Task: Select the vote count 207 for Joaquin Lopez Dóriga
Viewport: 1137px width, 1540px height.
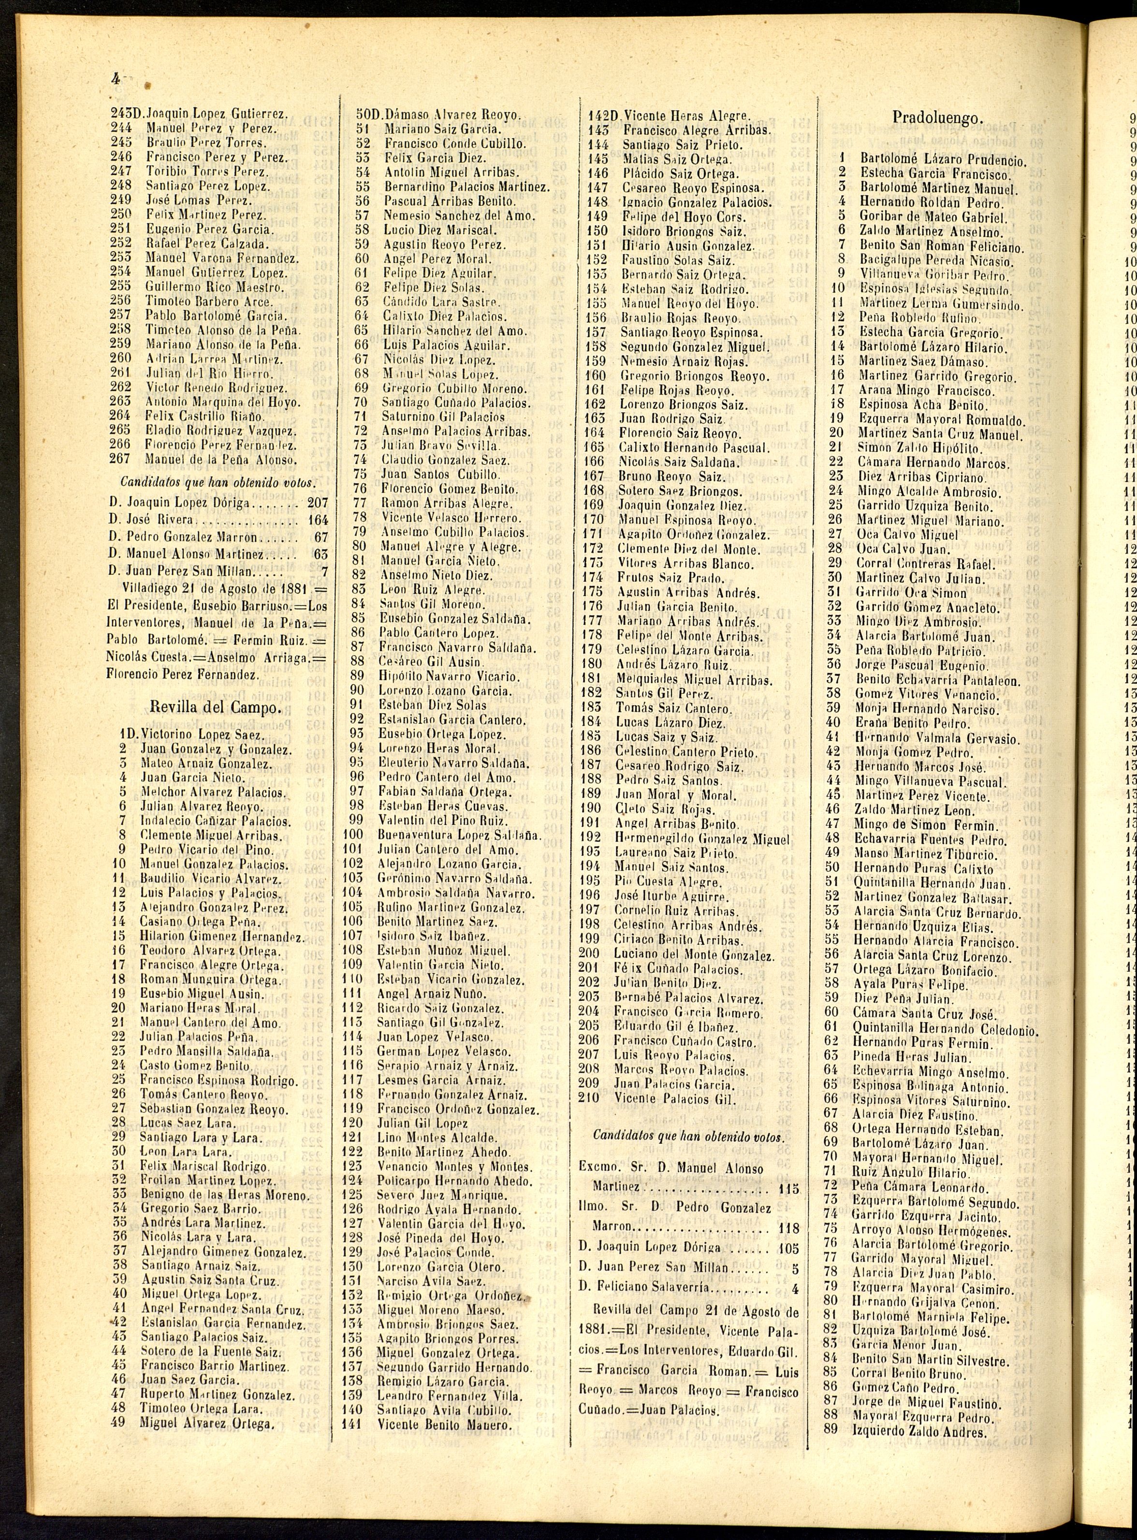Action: pyautogui.click(x=317, y=503)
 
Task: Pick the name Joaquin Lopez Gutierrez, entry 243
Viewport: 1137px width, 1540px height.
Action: pyautogui.click(x=218, y=114)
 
